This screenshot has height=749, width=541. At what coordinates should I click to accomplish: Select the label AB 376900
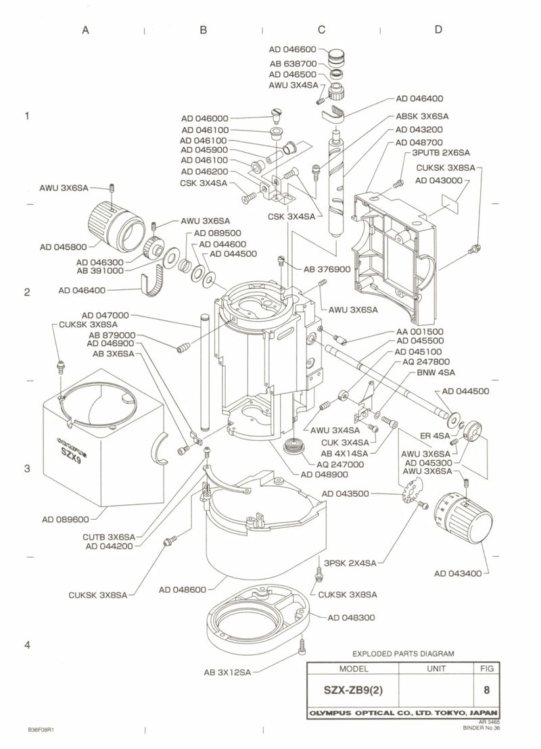pyautogui.click(x=326, y=268)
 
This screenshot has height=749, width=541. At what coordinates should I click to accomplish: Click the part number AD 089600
pyautogui.click(x=64, y=520)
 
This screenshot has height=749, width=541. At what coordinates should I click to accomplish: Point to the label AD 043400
pyautogui.click(x=458, y=573)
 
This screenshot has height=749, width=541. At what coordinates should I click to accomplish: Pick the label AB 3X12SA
pyautogui.click(x=227, y=673)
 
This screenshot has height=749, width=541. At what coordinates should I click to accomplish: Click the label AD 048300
pyautogui.click(x=351, y=617)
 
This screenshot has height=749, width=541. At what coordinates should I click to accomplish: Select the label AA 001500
pyautogui.click(x=420, y=331)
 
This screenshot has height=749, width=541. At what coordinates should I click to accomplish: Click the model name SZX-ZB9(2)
pyautogui.click(x=353, y=692)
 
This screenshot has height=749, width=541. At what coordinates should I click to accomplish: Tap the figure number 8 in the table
pyautogui.click(x=486, y=692)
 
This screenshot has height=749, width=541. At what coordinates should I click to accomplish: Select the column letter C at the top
pyautogui.click(x=322, y=29)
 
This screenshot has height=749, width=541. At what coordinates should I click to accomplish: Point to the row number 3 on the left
pyautogui.click(x=27, y=468)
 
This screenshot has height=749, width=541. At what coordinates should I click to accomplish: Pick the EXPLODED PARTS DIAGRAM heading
pyautogui.click(x=403, y=654)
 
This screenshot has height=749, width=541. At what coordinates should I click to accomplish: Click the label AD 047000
pyautogui.click(x=105, y=315)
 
